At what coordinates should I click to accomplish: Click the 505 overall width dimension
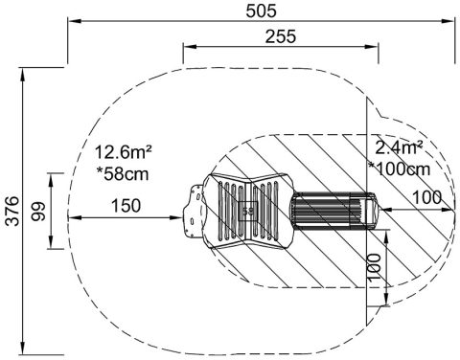[x=261, y=11]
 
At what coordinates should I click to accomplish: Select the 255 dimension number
[x=281, y=36]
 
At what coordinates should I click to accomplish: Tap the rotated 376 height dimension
[x=13, y=211]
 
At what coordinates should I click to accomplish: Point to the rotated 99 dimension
[x=38, y=212]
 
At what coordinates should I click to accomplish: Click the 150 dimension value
[x=126, y=206]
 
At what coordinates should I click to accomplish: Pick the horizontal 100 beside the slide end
[x=427, y=198]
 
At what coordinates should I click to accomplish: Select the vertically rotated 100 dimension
[x=375, y=267]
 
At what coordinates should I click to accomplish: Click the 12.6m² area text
[x=123, y=152]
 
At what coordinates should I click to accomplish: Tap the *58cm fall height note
[x=123, y=174]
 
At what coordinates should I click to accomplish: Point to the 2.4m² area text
[x=399, y=147]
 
